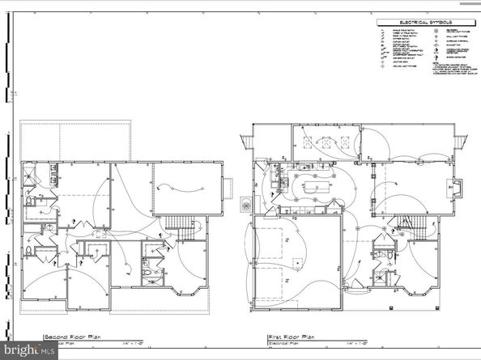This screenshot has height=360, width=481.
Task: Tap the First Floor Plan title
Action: point(290,337)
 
